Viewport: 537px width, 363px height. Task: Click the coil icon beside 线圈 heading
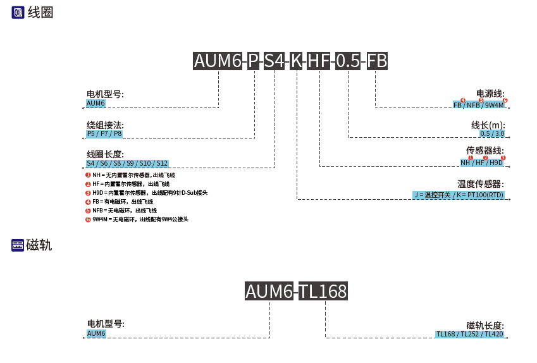tap(18, 12)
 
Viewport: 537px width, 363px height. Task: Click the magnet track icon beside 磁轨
tap(18, 245)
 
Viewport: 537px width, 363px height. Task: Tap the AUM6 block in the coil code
tap(218, 61)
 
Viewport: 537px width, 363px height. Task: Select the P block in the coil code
tap(254, 61)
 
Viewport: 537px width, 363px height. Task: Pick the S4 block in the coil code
tap(275, 61)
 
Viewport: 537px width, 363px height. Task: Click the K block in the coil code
tap(296, 61)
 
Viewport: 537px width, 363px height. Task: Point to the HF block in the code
tap(319, 61)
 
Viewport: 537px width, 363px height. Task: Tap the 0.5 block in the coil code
tap(348, 61)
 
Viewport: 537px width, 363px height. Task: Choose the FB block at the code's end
tap(377, 61)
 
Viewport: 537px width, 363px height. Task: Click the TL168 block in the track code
tap(323, 292)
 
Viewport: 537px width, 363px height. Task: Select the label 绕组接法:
tap(105, 125)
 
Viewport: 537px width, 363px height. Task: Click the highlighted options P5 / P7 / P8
tap(104, 134)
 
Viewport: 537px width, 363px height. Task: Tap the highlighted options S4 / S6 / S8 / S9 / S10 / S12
tap(127, 163)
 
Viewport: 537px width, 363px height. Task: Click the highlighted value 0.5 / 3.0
tap(492, 133)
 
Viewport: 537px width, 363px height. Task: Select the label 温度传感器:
tap(481, 184)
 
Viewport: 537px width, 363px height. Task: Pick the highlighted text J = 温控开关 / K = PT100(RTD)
tap(459, 195)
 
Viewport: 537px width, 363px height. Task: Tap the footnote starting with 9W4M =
tap(140, 219)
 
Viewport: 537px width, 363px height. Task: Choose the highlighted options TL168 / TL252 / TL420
tap(469, 334)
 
